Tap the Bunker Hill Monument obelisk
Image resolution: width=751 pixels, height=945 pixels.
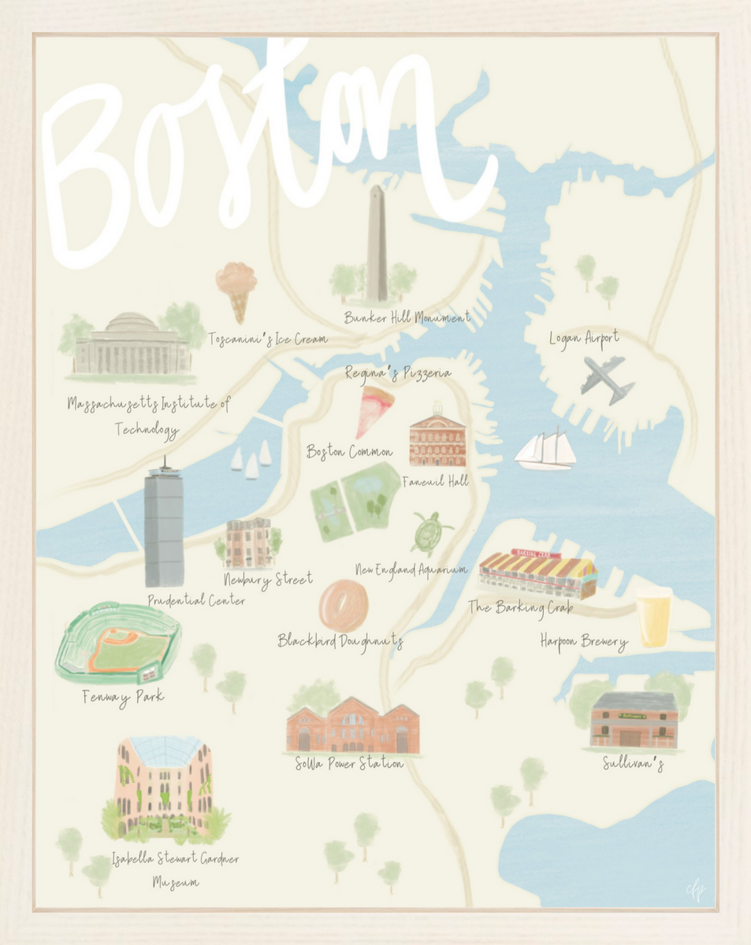click(x=377, y=245)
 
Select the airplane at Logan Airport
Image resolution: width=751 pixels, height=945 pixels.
click(x=607, y=379)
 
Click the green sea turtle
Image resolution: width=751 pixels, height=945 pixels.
click(x=430, y=533)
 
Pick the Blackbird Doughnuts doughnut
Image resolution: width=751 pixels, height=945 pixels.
click(x=344, y=605)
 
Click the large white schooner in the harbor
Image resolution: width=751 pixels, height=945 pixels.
click(x=545, y=451)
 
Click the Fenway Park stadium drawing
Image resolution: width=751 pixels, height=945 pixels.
click(x=118, y=643)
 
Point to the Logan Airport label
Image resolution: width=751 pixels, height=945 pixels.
click(x=584, y=339)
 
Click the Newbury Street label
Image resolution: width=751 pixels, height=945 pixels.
click(x=268, y=580)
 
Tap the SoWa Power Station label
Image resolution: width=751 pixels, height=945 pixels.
click(x=348, y=764)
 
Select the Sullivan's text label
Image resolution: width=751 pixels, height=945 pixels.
click(x=633, y=764)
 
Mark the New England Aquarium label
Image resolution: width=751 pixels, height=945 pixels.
click(x=411, y=569)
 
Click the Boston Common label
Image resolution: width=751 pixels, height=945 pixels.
click(x=349, y=452)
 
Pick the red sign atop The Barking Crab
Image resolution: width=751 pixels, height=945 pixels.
click(x=536, y=554)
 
